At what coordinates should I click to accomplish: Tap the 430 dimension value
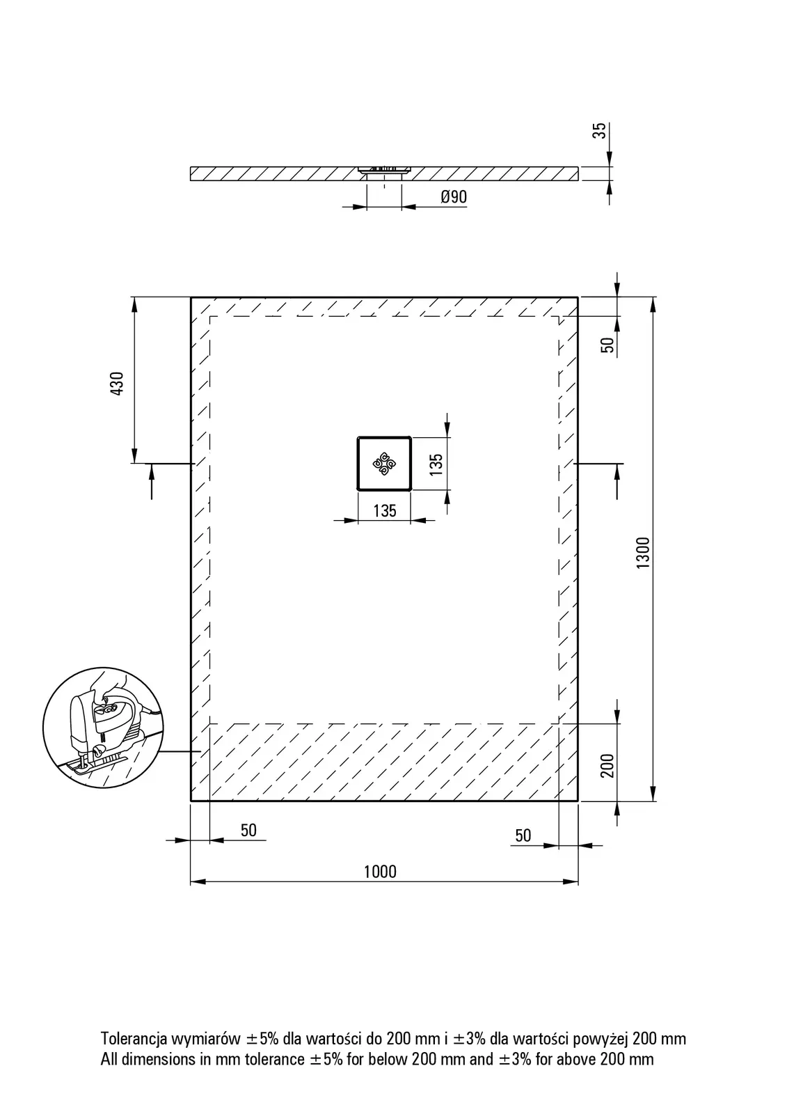(117, 384)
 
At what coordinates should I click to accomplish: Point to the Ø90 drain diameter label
(454, 197)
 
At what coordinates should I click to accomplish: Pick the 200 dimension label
(607, 765)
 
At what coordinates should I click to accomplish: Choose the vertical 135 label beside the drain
(436, 464)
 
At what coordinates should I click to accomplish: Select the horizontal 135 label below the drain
(385, 511)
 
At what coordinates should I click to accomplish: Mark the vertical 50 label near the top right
(607, 345)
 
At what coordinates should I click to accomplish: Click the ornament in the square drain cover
(384, 464)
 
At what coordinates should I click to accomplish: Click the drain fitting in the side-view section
(384, 170)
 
